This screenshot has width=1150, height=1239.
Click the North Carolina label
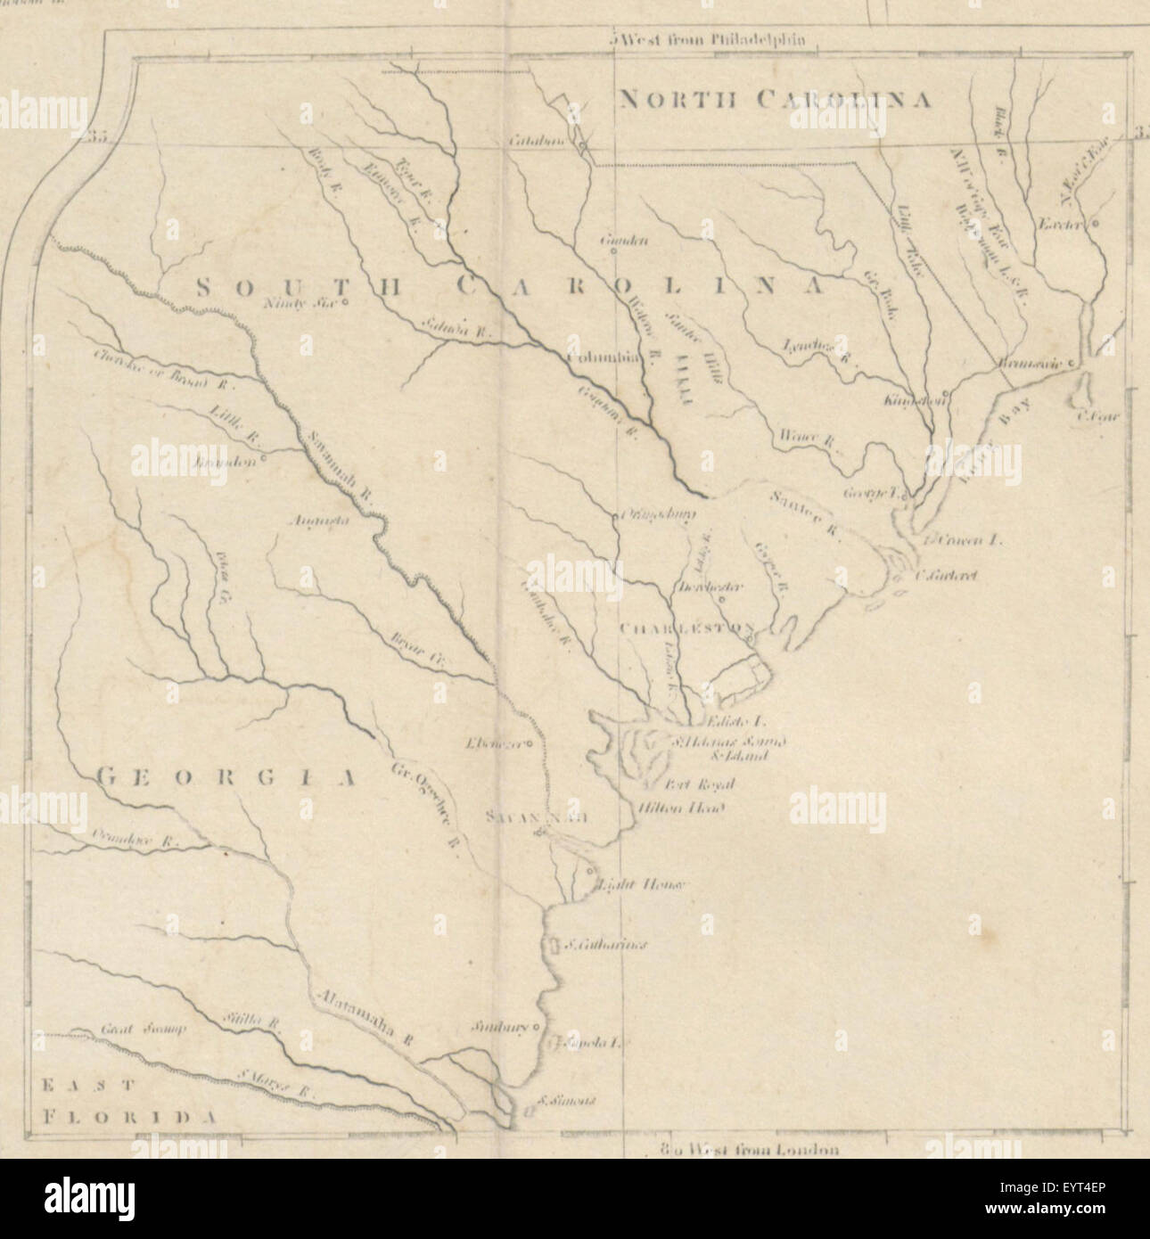(775, 99)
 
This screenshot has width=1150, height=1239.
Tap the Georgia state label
(225, 778)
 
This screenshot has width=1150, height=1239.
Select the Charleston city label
(685, 628)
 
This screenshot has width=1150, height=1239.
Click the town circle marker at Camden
(613, 251)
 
